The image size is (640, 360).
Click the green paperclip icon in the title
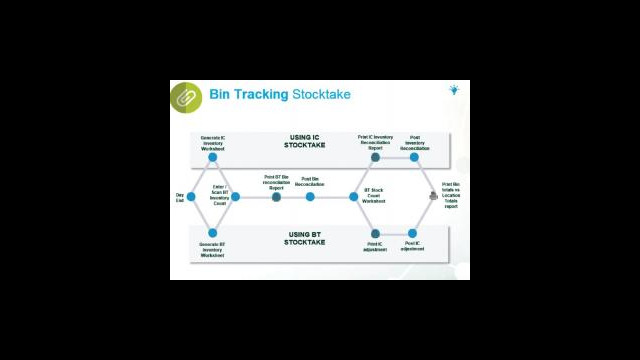point(185,97)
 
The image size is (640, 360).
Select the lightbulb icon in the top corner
point(453,90)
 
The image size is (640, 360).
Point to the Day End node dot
point(191,197)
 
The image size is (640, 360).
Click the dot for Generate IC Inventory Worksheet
point(213,158)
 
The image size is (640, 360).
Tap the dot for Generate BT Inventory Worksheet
point(213,233)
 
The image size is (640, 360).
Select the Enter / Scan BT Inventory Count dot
point(235,197)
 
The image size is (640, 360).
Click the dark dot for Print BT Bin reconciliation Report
point(277,197)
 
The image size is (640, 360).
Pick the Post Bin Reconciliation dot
point(310,197)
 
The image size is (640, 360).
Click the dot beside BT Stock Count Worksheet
point(353,197)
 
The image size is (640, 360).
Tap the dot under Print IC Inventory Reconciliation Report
point(375,158)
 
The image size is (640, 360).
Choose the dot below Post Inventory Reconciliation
point(413,158)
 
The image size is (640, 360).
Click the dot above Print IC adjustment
point(375,233)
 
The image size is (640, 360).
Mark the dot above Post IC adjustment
point(412,233)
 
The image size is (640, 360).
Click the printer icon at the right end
point(434,196)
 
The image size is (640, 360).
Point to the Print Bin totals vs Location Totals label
point(451,196)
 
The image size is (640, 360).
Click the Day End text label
point(180,197)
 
